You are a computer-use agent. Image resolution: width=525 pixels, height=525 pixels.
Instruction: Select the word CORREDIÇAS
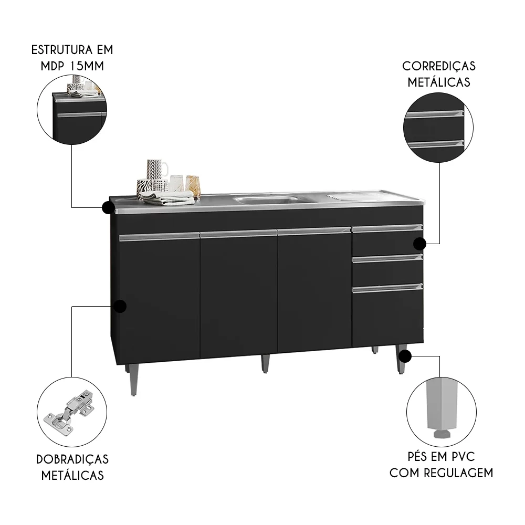(x=439, y=66)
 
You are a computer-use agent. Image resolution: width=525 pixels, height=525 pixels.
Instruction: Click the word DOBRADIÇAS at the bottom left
(x=73, y=459)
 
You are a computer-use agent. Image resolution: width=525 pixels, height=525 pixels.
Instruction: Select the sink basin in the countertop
(x=265, y=199)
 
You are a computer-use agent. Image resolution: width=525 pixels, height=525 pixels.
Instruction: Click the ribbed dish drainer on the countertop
(x=362, y=197)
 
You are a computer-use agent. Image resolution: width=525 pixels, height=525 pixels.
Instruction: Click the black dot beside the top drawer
(x=419, y=244)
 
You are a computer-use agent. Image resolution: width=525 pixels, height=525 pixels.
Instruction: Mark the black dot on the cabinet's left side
(x=120, y=307)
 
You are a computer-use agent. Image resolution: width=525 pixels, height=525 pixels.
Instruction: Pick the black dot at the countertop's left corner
(x=108, y=208)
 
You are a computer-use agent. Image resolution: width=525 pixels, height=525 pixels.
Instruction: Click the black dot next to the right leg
(x=405, y=357)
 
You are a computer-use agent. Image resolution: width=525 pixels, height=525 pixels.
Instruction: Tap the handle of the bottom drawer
(x=387, y=287)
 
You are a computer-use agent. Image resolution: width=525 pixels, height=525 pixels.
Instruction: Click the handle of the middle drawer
(x=387, y=257)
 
